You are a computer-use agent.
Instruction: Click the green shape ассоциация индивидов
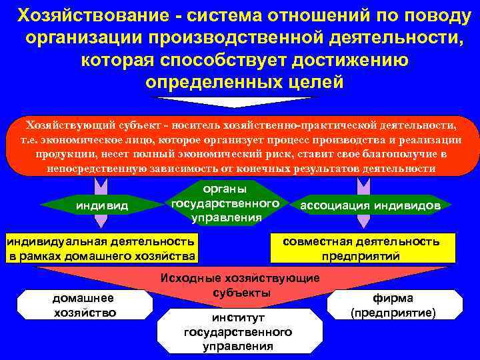370,206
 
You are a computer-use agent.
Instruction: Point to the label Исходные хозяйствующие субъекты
241,285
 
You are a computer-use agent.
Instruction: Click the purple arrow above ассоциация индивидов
363,183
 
